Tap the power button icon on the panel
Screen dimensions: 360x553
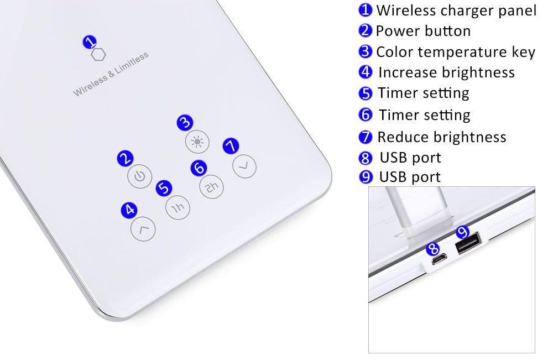click(139, 177)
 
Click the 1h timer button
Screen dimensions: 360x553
click(177, 207)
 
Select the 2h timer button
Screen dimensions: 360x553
click(211, 187)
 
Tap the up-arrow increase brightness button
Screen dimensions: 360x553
click(143, 229)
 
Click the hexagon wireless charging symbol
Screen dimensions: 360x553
click(98, 55)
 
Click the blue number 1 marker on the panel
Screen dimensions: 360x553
click(90, 41)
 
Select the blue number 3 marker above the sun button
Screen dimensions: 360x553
click(185, 123)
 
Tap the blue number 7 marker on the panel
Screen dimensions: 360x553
click(231, 146)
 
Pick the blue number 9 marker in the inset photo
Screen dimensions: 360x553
click(462, 231)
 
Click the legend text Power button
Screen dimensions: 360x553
click(423, 31)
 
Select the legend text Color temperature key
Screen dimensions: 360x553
click(455, 52)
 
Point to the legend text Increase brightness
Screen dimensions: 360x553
click(446, 72)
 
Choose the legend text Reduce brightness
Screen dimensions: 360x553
click(441, 137)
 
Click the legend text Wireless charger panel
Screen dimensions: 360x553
click(456, 11)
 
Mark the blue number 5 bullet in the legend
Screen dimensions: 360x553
click(366, 93)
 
